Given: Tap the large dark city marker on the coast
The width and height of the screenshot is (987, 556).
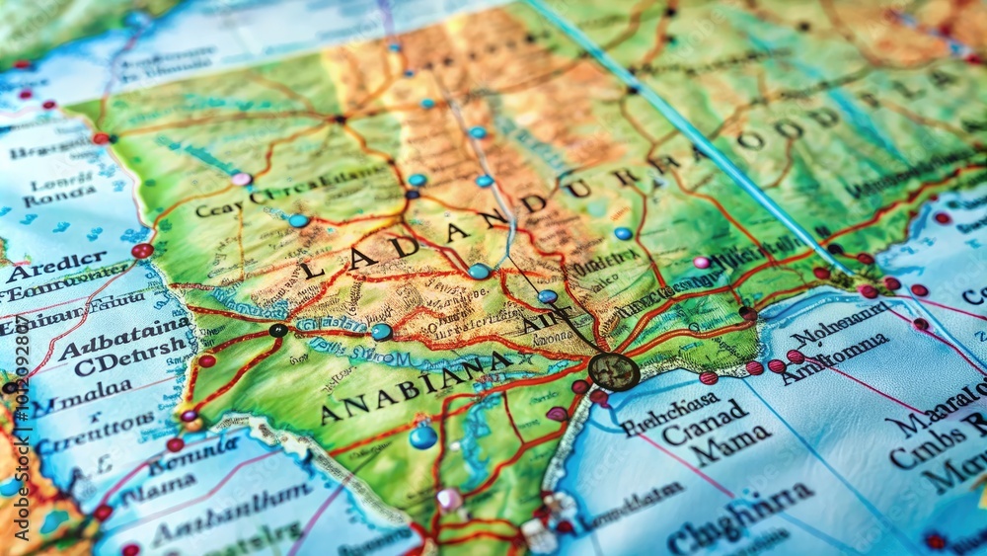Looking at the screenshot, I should pyautogui.click(x=613, y=371).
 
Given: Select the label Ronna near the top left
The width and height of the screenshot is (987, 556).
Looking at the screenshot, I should pyautogui.click(x=60, y=197).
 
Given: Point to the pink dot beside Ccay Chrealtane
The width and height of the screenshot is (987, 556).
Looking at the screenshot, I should pyautogui.click(x=241, y=179).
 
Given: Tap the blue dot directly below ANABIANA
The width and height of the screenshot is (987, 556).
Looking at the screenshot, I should pyautogui.click(x=423, y=436).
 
